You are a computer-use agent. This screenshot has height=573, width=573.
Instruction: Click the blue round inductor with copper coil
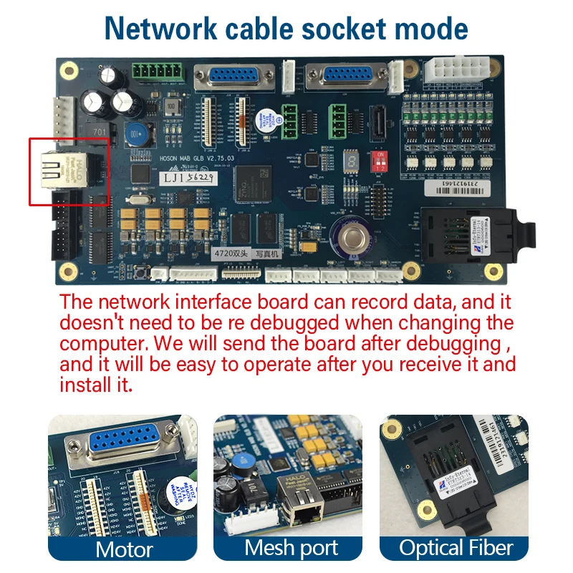[139, 134]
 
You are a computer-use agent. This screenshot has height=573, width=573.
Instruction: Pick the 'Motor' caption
[124, 549]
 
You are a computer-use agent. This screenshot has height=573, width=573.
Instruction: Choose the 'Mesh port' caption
[291, 548]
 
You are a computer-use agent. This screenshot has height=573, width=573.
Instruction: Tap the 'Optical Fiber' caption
[456, 548]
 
